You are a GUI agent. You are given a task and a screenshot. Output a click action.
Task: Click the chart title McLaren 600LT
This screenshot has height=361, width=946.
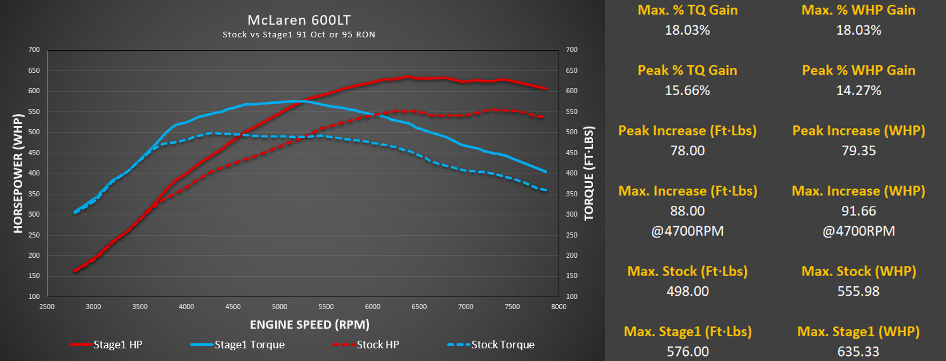click(x=299, y=20)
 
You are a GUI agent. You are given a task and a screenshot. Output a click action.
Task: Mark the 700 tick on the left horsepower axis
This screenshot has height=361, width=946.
click(x=34, y=49)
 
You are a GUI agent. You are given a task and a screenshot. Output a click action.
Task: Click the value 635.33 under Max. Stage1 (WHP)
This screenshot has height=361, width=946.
click(x=859, y=351)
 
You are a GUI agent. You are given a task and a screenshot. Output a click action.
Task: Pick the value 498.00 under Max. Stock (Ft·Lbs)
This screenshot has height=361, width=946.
click(x=687, y=291)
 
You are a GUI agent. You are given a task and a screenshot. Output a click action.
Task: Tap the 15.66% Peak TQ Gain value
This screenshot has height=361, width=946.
click(x=687, y=90)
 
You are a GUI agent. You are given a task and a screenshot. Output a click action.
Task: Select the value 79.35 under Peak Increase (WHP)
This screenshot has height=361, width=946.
click(x=859, y=150)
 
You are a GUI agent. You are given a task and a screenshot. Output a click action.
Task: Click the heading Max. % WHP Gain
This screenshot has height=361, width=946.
click(x=859, y=10)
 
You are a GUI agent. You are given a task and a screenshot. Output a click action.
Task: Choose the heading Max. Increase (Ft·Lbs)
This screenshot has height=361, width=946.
click(x=687, y=191)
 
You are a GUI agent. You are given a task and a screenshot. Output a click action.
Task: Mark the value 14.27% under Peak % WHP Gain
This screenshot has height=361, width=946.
click(x=859, y=90)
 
